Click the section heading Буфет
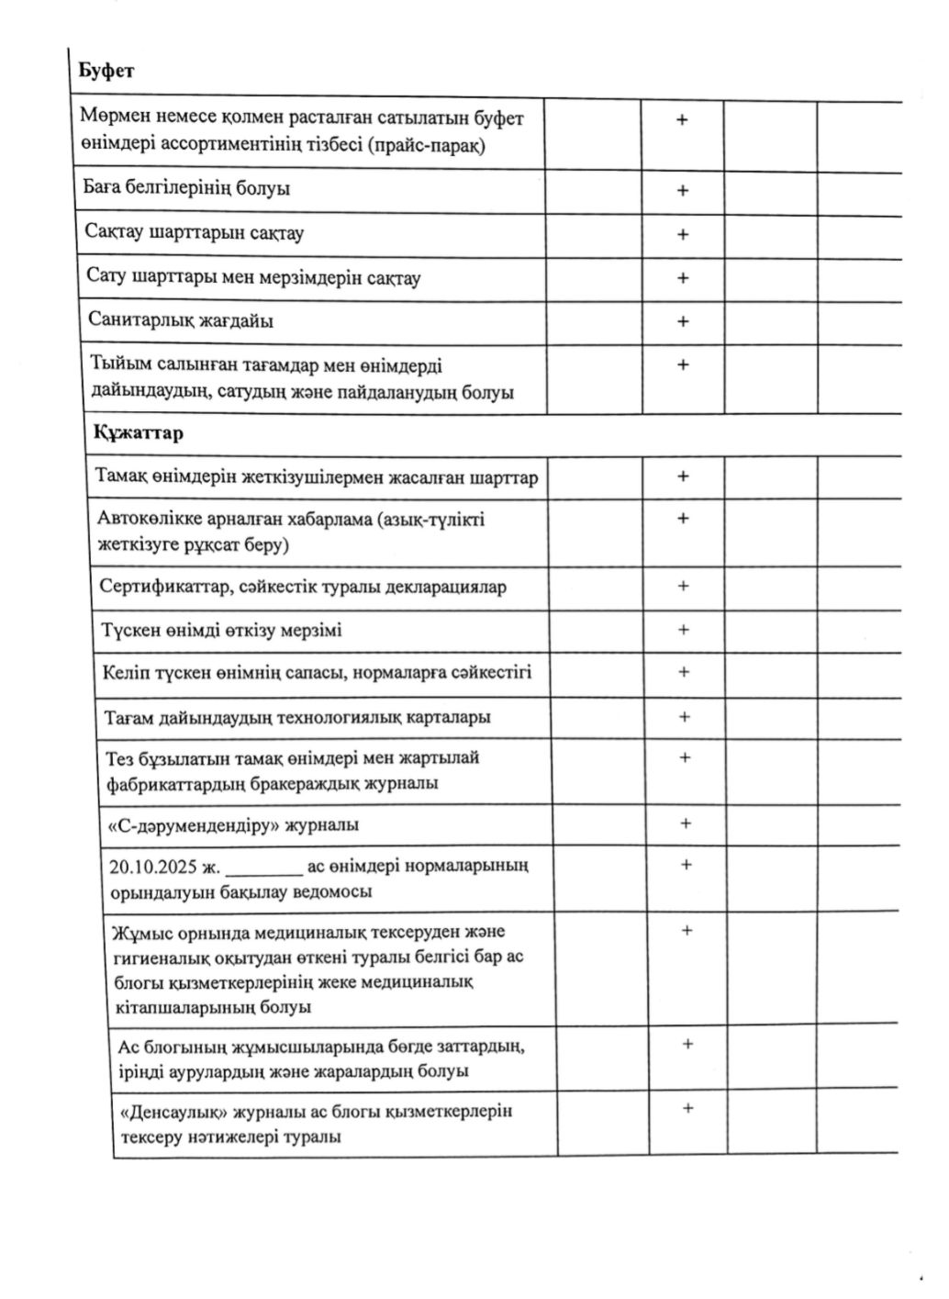click(x=106, y=72)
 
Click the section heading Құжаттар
click(x=138, y=433)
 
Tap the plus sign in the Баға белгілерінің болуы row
click(x=682, y=191)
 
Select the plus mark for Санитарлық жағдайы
click(x=683, y=321)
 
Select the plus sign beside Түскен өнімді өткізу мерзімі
click(x=683, y=630)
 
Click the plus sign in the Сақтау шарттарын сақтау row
click(x=683, y=235)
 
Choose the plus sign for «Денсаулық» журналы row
click(x=687, y=1108)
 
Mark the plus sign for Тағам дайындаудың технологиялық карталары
click(x=684, y=717)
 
